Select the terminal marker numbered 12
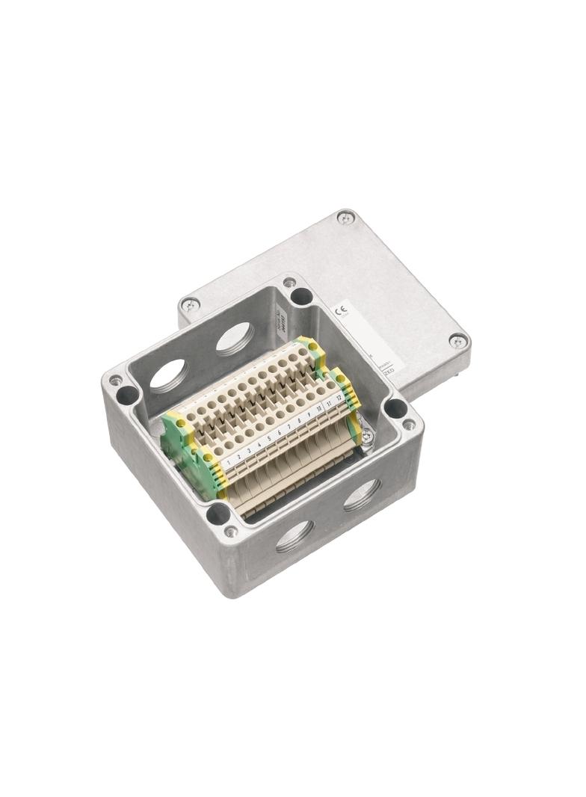339,397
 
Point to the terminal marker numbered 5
269,439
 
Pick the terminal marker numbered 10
319,408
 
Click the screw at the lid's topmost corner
345,218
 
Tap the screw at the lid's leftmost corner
190,304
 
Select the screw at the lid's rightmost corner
457,341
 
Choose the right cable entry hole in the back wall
235,337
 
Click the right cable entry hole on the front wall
362,495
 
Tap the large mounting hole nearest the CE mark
301,296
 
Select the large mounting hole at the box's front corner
218,514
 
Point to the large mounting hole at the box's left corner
128,395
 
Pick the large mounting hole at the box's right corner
395,408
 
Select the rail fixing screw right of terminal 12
366,435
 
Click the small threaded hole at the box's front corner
232,532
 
